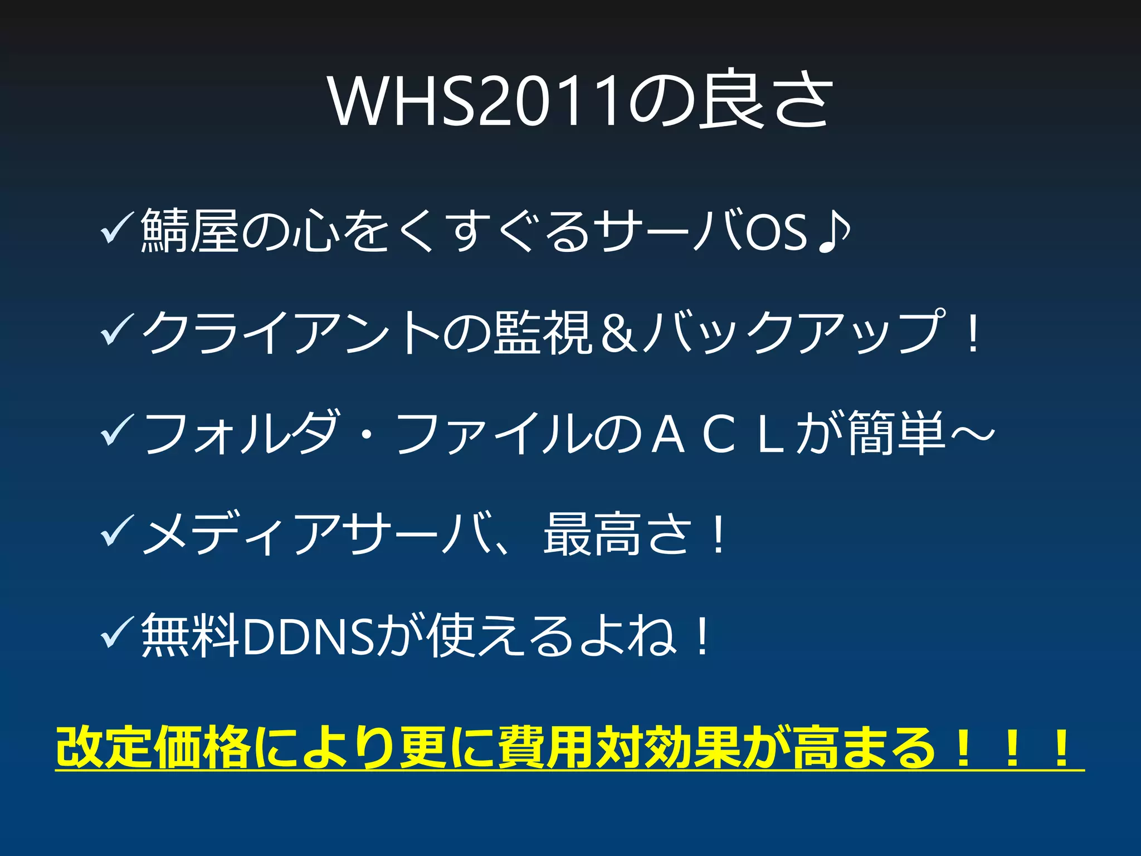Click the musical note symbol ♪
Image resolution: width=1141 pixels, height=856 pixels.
point(834,231)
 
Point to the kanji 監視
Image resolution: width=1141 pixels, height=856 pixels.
point(543,333)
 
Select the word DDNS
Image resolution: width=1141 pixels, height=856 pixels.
point(308,636)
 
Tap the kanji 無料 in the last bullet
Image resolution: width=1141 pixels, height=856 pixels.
point(189,636)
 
